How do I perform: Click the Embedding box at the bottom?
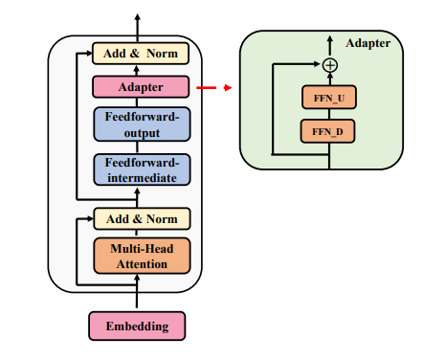[137, 326]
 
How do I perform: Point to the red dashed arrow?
[215, 87]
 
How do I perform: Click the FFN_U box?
[330, 98]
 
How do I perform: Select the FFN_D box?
[330, 132]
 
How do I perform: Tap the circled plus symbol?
[330, 65]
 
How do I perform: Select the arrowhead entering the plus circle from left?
[318, 65]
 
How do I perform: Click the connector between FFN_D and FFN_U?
[330, 115]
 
